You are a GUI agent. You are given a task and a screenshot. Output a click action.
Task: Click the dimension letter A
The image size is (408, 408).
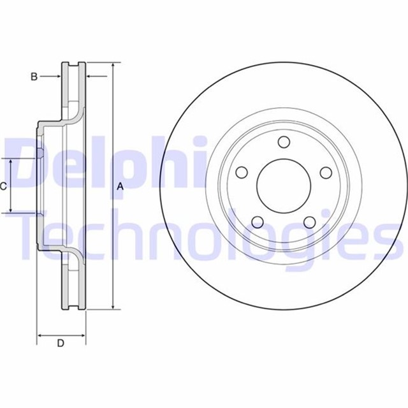(x=120, y=186)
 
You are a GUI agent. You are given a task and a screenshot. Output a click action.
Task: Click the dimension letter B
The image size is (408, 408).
(x=34, y=77)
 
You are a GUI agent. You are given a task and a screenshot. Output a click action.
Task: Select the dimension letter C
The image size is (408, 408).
(x=4, y=186)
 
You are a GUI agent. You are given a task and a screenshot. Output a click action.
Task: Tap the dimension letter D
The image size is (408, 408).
(x=61, y=344)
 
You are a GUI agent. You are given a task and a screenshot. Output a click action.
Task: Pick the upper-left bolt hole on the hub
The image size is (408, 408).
(x=241, y=173)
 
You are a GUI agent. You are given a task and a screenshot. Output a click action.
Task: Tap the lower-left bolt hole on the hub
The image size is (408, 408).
(x=258, y=222)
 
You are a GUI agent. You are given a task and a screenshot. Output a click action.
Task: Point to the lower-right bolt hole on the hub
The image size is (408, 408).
(x=310, y=222)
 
